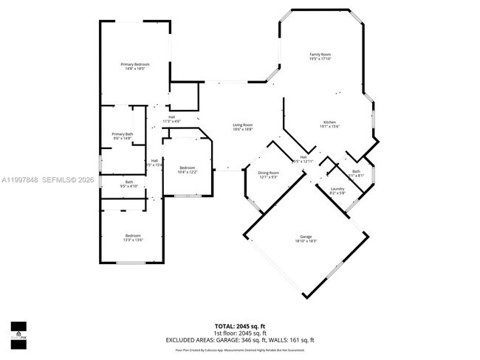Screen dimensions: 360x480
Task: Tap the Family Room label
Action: (320, 54)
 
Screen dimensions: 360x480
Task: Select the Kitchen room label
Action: (329, 122)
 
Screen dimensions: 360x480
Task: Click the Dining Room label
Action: (268, 173)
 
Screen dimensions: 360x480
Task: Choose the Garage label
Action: (306, 237)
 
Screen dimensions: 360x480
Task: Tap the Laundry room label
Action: (337, 189)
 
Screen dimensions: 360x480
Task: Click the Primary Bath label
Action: (122, 134)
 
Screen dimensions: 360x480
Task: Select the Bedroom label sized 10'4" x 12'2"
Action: (188, 167)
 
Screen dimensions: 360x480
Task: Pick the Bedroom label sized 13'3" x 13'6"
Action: (133, 235)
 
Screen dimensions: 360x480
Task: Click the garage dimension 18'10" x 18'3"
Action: (306, 241)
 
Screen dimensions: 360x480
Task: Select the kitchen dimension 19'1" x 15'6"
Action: (329, 126)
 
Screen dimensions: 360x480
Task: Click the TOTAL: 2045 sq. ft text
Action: (240, 325)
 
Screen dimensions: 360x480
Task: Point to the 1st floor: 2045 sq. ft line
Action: (240, 332)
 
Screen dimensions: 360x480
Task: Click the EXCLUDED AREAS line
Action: (240, 339)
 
